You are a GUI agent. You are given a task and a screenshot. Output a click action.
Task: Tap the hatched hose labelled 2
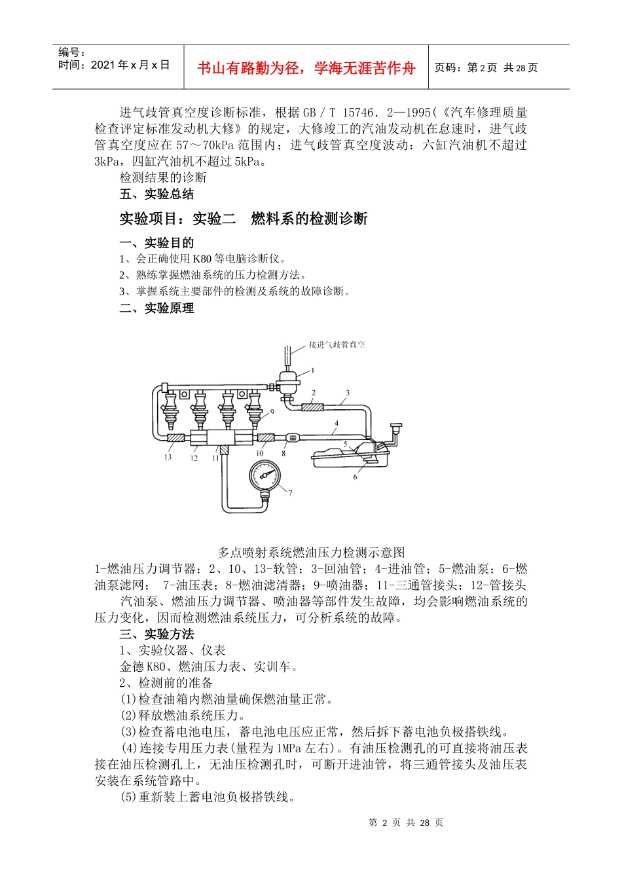[312, 407]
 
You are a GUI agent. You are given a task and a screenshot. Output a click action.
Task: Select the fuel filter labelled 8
[291, 437]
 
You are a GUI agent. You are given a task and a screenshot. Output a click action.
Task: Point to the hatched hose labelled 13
[175, 437]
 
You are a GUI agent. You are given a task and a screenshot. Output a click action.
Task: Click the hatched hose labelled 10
[265, 437]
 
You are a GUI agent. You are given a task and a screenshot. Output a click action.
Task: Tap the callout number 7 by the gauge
[290, 493]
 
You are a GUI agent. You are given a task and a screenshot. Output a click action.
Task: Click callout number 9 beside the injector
[272, 412]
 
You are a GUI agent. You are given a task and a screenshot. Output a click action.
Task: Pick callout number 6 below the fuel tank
[356, 477]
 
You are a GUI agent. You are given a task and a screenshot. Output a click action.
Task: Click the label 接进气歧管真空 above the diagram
[337, 344]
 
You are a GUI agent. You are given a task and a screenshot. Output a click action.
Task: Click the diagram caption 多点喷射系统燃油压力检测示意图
[311, 552]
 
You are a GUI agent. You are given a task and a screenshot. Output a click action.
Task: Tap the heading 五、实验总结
[156, 194]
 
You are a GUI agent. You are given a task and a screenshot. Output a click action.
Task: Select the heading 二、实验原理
[156, 308]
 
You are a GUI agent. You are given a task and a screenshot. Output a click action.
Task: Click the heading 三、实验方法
[156, 634]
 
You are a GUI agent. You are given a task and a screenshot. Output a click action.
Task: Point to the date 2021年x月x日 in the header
[130, 65]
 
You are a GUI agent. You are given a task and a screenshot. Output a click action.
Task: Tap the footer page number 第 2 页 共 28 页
[406, 822]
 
